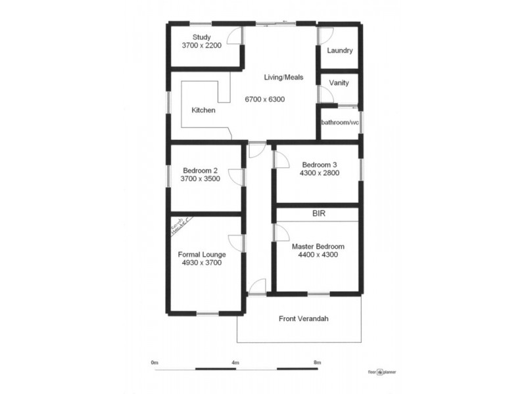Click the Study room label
coord(201,37)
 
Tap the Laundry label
coord(340,51)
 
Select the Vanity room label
coord(339,83)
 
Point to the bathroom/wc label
coord(339,123)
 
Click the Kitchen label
coord(203,110)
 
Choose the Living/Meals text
coord(283,77)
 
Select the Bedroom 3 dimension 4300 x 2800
coord(319,173)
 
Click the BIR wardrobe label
coord(319,214)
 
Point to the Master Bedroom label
coord(318,246)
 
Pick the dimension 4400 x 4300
coord(318,255)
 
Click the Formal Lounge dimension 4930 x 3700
coord(201,263)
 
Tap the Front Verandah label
coord(303,319)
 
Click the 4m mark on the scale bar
coord(235,362)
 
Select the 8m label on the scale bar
coord(317,362)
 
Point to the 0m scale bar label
coord(155,362)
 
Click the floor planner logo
coord(382,372)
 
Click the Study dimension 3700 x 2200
coord(201,46)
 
